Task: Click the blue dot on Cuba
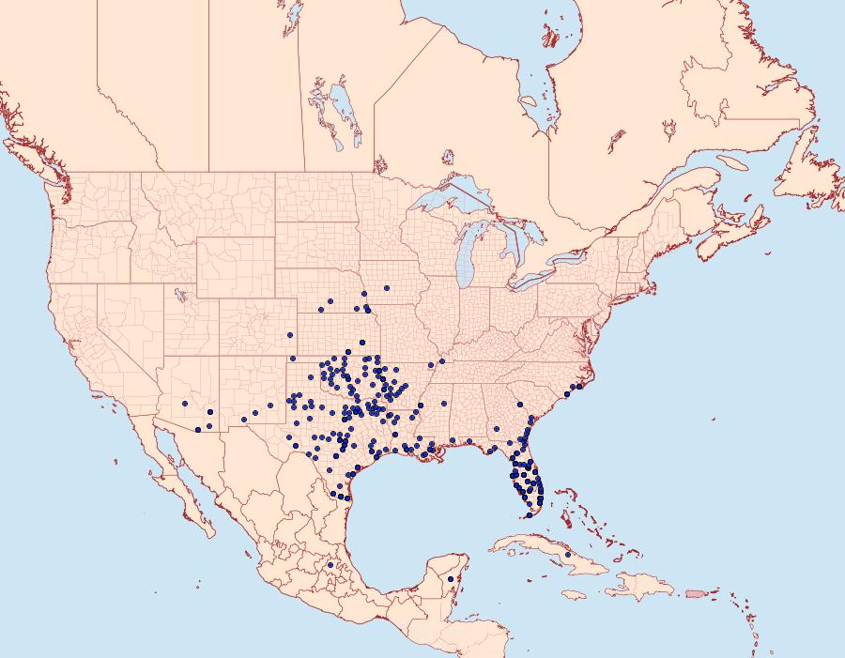coord(568,555)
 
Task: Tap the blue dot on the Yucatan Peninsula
coord(451,579)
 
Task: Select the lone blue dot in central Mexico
coord(330,565)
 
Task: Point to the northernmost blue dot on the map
coord(387,287)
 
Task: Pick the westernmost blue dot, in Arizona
coord(185,404)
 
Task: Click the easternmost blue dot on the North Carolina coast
coord(580,386)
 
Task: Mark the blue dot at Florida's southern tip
coord(529,514)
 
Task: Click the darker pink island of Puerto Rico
coord(696,593)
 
